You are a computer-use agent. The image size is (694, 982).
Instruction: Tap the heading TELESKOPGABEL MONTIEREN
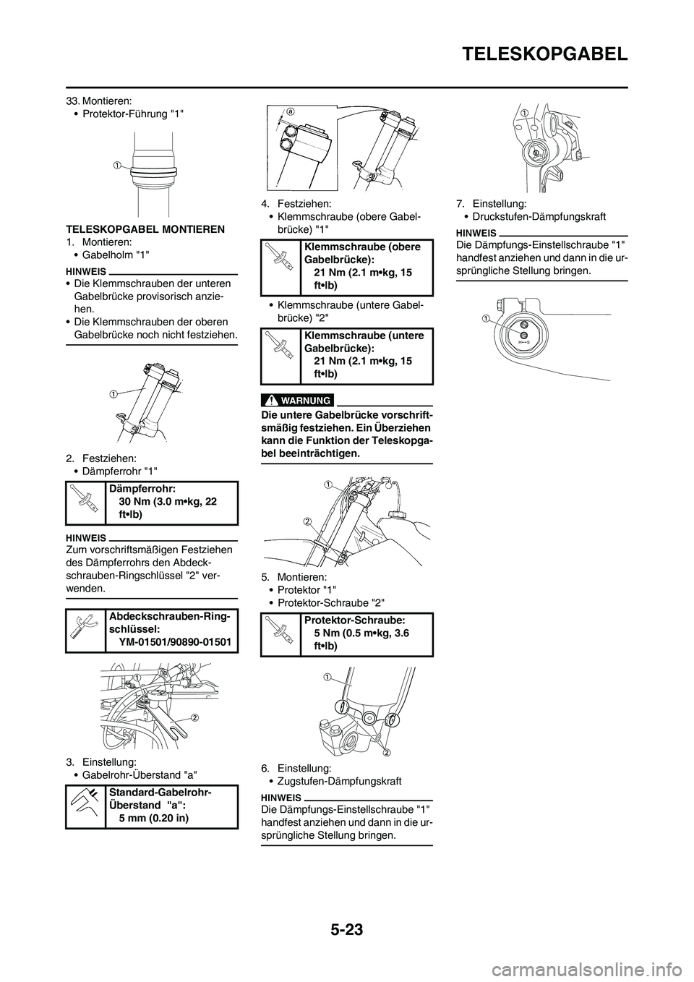[145, 229]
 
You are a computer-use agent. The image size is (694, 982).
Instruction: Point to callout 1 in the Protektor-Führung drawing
[116, 165]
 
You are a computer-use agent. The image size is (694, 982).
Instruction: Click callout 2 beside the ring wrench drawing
[194, 717]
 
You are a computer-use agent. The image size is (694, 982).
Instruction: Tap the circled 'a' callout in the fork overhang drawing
[290, 112]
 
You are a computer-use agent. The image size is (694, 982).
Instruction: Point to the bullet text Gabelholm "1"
[119, 255]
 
